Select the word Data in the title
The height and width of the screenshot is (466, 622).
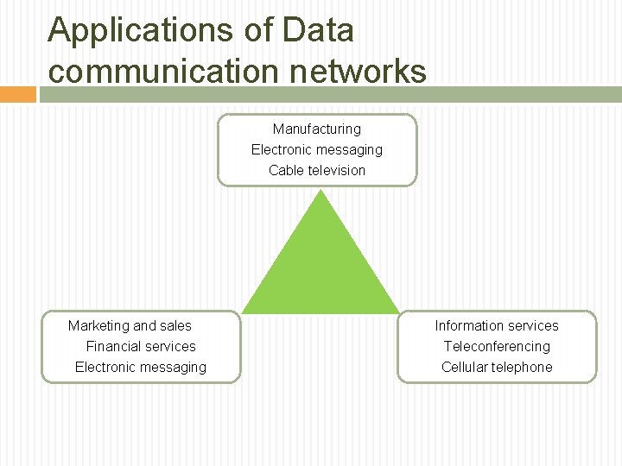318,30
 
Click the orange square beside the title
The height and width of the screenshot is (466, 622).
17,94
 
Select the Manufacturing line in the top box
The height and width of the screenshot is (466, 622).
317,129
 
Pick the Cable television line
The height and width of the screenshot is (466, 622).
317,170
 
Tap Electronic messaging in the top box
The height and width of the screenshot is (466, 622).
317,149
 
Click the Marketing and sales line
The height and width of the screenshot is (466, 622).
130,325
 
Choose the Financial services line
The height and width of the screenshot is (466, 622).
141,346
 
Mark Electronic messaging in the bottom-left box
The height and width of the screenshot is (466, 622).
141,367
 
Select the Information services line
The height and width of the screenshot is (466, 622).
497,325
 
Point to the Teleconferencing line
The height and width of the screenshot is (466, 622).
497,346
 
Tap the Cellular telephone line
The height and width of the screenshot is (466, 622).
497,367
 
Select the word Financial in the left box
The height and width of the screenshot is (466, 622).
111,346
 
